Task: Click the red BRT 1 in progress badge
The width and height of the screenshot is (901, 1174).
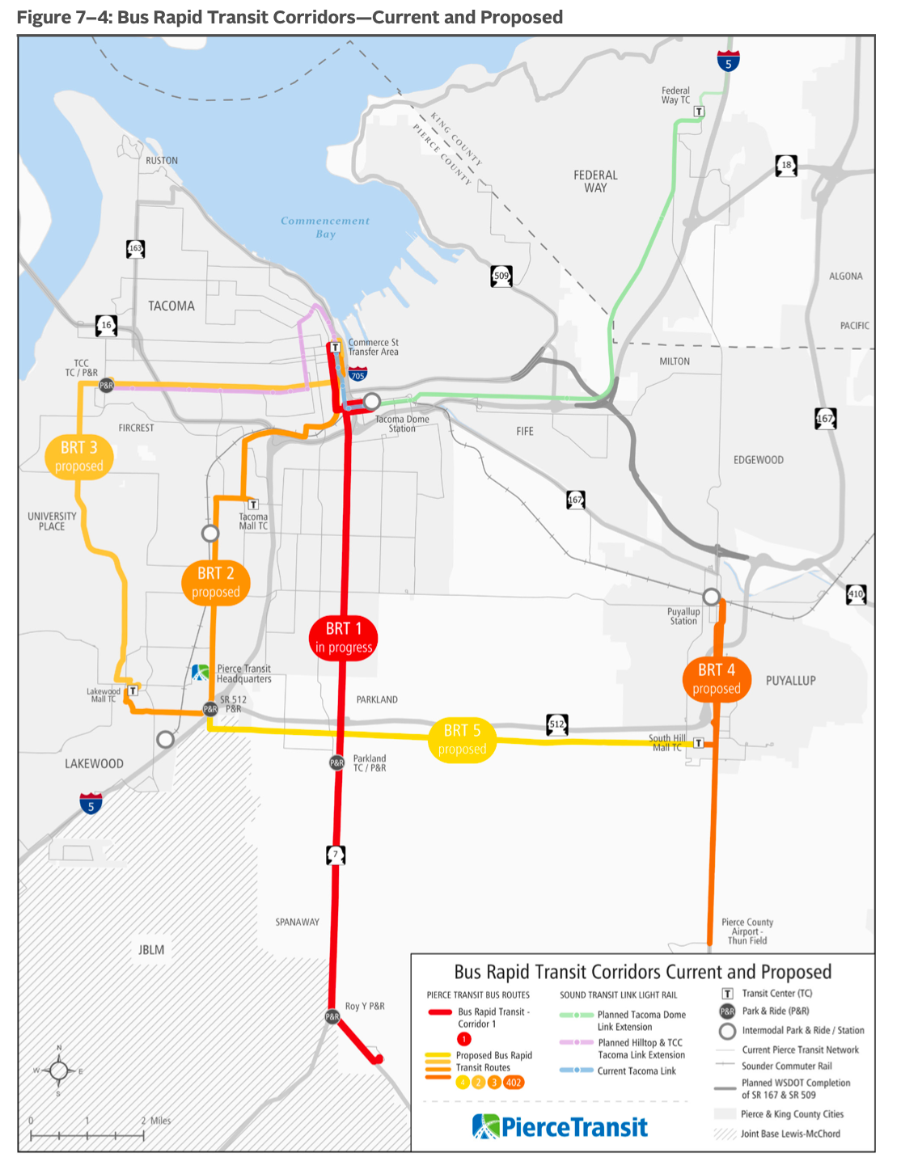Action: (344, 637)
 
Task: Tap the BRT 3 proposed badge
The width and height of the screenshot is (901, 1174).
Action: (79, 456)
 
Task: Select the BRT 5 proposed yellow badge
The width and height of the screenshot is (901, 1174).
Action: (462, 739)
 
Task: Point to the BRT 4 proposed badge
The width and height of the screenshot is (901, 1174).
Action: (717, 678)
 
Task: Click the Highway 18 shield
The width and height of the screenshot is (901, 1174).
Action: (786, 166)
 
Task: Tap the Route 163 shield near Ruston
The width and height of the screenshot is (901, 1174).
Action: (136, 249)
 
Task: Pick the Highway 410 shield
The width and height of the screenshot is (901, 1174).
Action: (856, 594)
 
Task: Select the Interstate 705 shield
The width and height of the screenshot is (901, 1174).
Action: (358, 374)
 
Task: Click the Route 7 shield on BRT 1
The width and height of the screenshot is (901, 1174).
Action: (336, 854)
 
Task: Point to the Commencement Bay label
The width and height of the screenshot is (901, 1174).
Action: (325, 227)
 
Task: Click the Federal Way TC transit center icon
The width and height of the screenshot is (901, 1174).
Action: (699, 112)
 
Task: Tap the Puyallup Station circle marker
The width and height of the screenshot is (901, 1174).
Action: (711, 597)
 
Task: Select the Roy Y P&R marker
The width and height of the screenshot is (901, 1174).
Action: (332, 1016)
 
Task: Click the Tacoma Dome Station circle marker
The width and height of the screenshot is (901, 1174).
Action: (371, 401)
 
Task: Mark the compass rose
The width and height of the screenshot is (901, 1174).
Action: (59, 1071)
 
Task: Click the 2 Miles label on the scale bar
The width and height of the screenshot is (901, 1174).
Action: (156, 1121)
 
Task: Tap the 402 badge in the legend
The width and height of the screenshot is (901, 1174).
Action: (514, 1083)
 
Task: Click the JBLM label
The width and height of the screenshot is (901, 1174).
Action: (151, 950)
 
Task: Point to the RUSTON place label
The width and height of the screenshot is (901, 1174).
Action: (162, 161)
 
